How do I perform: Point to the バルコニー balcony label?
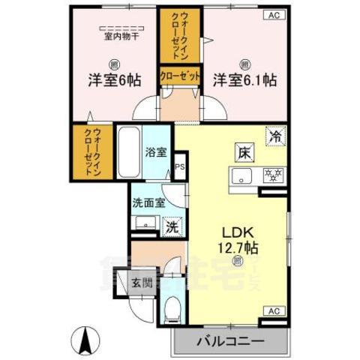click(230, 341)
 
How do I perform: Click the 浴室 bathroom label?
click(157, 149)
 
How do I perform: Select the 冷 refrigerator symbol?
click(275, 137)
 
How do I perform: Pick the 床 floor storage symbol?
click(244, 149)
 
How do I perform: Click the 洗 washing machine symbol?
click(172, 226)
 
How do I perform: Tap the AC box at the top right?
click(273, 15)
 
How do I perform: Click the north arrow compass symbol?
click(85, 342)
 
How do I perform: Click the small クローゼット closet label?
click(179, 76)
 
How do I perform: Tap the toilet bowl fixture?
click(171, 308)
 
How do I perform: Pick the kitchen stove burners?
click(271, 176)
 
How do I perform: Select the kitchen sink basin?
click(241, 177)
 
